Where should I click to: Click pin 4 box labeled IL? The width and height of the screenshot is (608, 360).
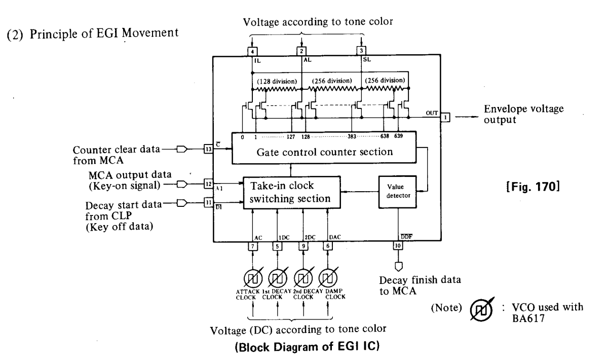click(x=252, y=51)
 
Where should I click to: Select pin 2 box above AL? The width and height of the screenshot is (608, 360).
click(x=301, y=51)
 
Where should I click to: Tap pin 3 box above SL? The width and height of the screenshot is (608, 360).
click(x=361, y=51)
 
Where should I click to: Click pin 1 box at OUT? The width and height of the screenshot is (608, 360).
click(x=444, y=117)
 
